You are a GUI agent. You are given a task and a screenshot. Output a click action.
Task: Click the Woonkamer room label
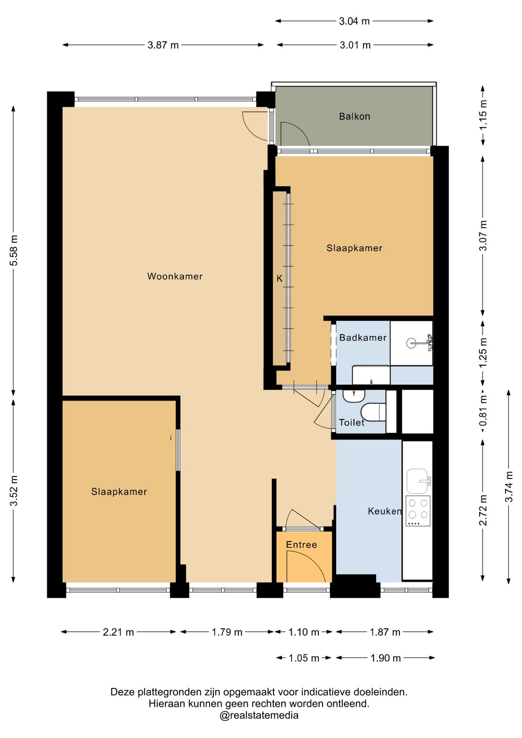[x=175, y=276]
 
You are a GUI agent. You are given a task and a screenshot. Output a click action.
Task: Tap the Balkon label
[x=354, y=116]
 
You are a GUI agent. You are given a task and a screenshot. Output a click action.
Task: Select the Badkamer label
[x=363, y=337]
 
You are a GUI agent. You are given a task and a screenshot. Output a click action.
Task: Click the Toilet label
[x=351, y=422]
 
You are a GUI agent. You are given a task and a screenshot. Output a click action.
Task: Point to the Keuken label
[x=385, y=511]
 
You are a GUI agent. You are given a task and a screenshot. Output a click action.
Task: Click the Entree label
[x=301, y=544]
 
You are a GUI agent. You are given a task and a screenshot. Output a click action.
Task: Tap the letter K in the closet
[x=279, y=278]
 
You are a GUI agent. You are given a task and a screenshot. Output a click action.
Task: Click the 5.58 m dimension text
[x=14, y=250]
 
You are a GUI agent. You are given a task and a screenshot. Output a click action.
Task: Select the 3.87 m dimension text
[x=163, y=45]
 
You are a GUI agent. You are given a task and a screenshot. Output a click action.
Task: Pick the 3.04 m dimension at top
[x=354, y=21]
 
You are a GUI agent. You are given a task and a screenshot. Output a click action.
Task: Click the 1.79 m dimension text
[x=227, y=632]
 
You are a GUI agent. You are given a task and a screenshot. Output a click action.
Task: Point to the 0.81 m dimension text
[x=483, y=411]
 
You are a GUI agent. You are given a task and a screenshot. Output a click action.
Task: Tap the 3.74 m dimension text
[x=509, y=486]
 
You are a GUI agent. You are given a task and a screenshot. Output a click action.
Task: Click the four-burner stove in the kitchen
[x=418, y=511]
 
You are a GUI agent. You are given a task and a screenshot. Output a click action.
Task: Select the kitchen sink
[x=417, y=481]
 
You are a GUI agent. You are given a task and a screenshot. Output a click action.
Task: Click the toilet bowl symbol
[x=373, y=412]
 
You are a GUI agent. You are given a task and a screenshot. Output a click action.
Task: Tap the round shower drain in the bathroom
[x=411, y=343]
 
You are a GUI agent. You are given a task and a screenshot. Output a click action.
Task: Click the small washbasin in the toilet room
[x=354, y=396]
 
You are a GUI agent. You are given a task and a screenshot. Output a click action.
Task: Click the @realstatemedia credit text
[x=259, y=715]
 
